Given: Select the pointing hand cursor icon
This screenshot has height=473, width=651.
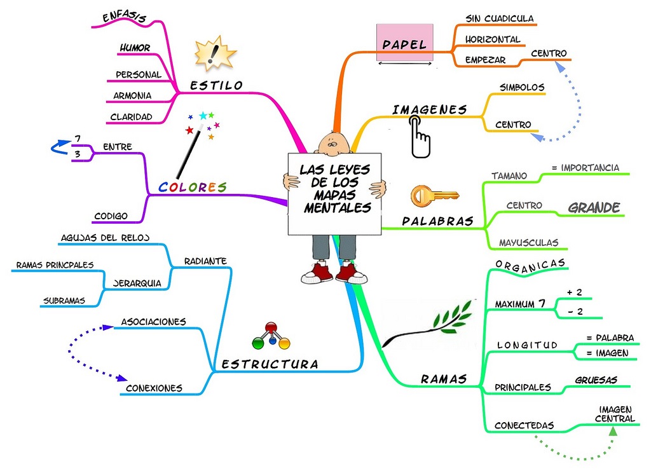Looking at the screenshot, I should pyautogui.click(x=418, y=135).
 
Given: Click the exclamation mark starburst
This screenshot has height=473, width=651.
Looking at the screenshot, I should pyautogui.click(x=215, y=53).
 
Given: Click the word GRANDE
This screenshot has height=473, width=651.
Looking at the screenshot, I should pyautogui.click(x=593, y=207).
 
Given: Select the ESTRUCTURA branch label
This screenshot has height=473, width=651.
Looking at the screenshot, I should pyautogui.click(x=270, y=364).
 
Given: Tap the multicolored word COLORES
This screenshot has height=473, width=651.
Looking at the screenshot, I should pyautogui.click(x=192, y=187).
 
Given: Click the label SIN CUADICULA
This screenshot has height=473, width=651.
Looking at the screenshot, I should pyautogui.click(x=499, y=18).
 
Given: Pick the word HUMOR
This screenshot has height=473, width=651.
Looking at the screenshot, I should pyautogui.click(x=135, y=48).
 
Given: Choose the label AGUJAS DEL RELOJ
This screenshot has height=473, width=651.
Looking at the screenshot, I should pyautogui.click(x=105, y=238).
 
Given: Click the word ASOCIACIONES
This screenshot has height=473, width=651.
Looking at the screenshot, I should pyautogui.click(x=153, y=322).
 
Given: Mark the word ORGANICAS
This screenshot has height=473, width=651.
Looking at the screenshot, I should pyautogui.click(x=530, y=264).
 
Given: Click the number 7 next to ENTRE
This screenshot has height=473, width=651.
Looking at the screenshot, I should pyautogui.click(x=77, y=139).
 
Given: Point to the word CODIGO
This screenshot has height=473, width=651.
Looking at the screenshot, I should pyautogui.click(x=111, y=216).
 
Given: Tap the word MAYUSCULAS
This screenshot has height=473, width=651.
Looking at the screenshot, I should pyautogui.click(x=528, y=242).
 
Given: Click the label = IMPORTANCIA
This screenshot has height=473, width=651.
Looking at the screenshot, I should pyautogui.click(x=585, y=168).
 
